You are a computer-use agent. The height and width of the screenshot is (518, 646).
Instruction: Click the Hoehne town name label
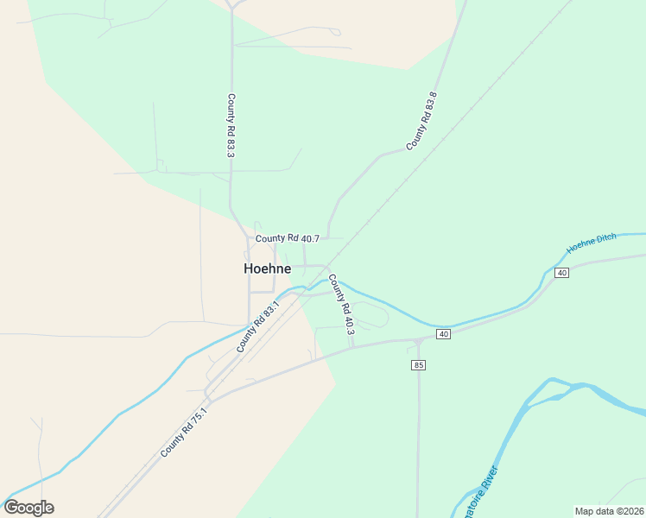(267, 268)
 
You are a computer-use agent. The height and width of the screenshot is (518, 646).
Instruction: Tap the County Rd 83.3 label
(231, 125)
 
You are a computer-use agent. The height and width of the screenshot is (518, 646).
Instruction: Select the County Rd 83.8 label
(422, 121)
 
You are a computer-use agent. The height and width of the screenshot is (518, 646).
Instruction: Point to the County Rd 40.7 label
(288, 238)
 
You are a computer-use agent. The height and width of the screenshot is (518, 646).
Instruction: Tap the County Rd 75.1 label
(184, 433)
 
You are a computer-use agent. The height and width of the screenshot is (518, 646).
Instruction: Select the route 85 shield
(419, 365)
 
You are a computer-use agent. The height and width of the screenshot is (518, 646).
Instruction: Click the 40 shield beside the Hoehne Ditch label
(561, 273)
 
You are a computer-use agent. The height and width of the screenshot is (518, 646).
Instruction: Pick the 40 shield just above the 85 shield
(444, 334)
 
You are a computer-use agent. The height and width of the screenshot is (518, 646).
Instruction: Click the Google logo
(28, 508)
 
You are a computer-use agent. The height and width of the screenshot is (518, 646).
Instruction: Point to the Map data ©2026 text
(609, 511)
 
